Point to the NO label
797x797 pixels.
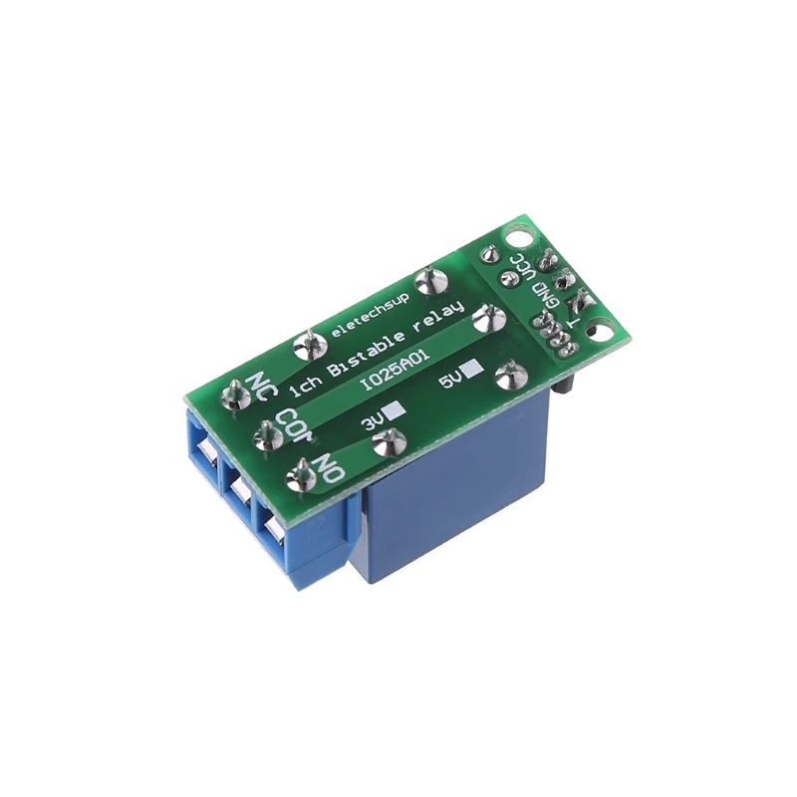pos(328,464)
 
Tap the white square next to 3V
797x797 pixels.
pos(397,409)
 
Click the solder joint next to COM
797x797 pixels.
pos(267,433)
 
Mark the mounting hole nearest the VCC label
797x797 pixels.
pos(518,238)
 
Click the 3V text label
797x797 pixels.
pos(373,422)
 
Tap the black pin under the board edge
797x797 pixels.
pos(566,384)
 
